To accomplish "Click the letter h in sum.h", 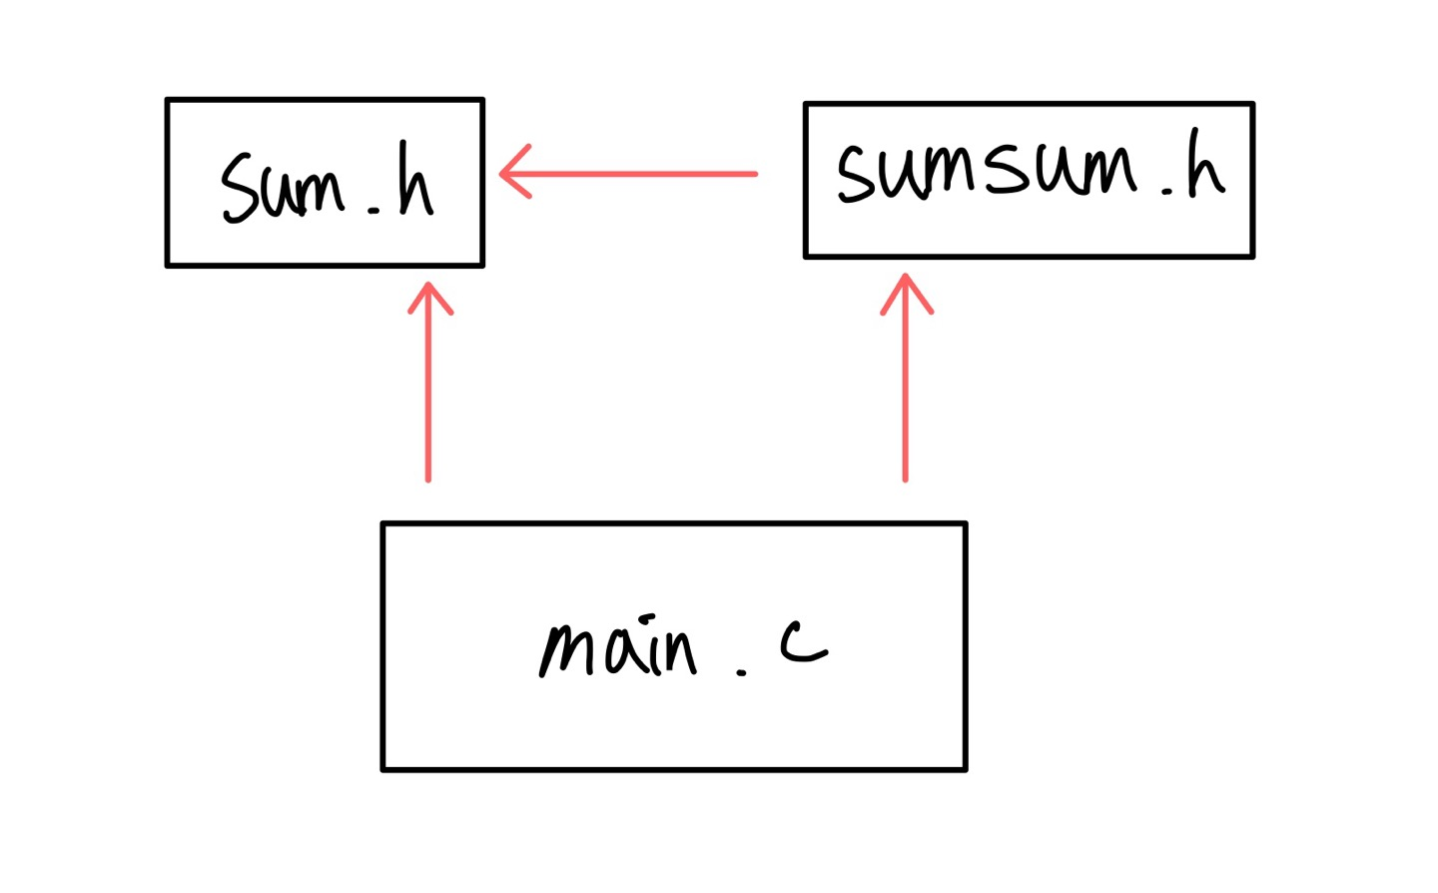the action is [414, 182].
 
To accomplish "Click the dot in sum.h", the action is [374, 211].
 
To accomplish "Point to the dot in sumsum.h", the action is [1167, 190].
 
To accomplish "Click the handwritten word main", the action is [617, 649].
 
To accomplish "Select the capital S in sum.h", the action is [241, 187].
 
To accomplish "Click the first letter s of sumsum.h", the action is [856, 172].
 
